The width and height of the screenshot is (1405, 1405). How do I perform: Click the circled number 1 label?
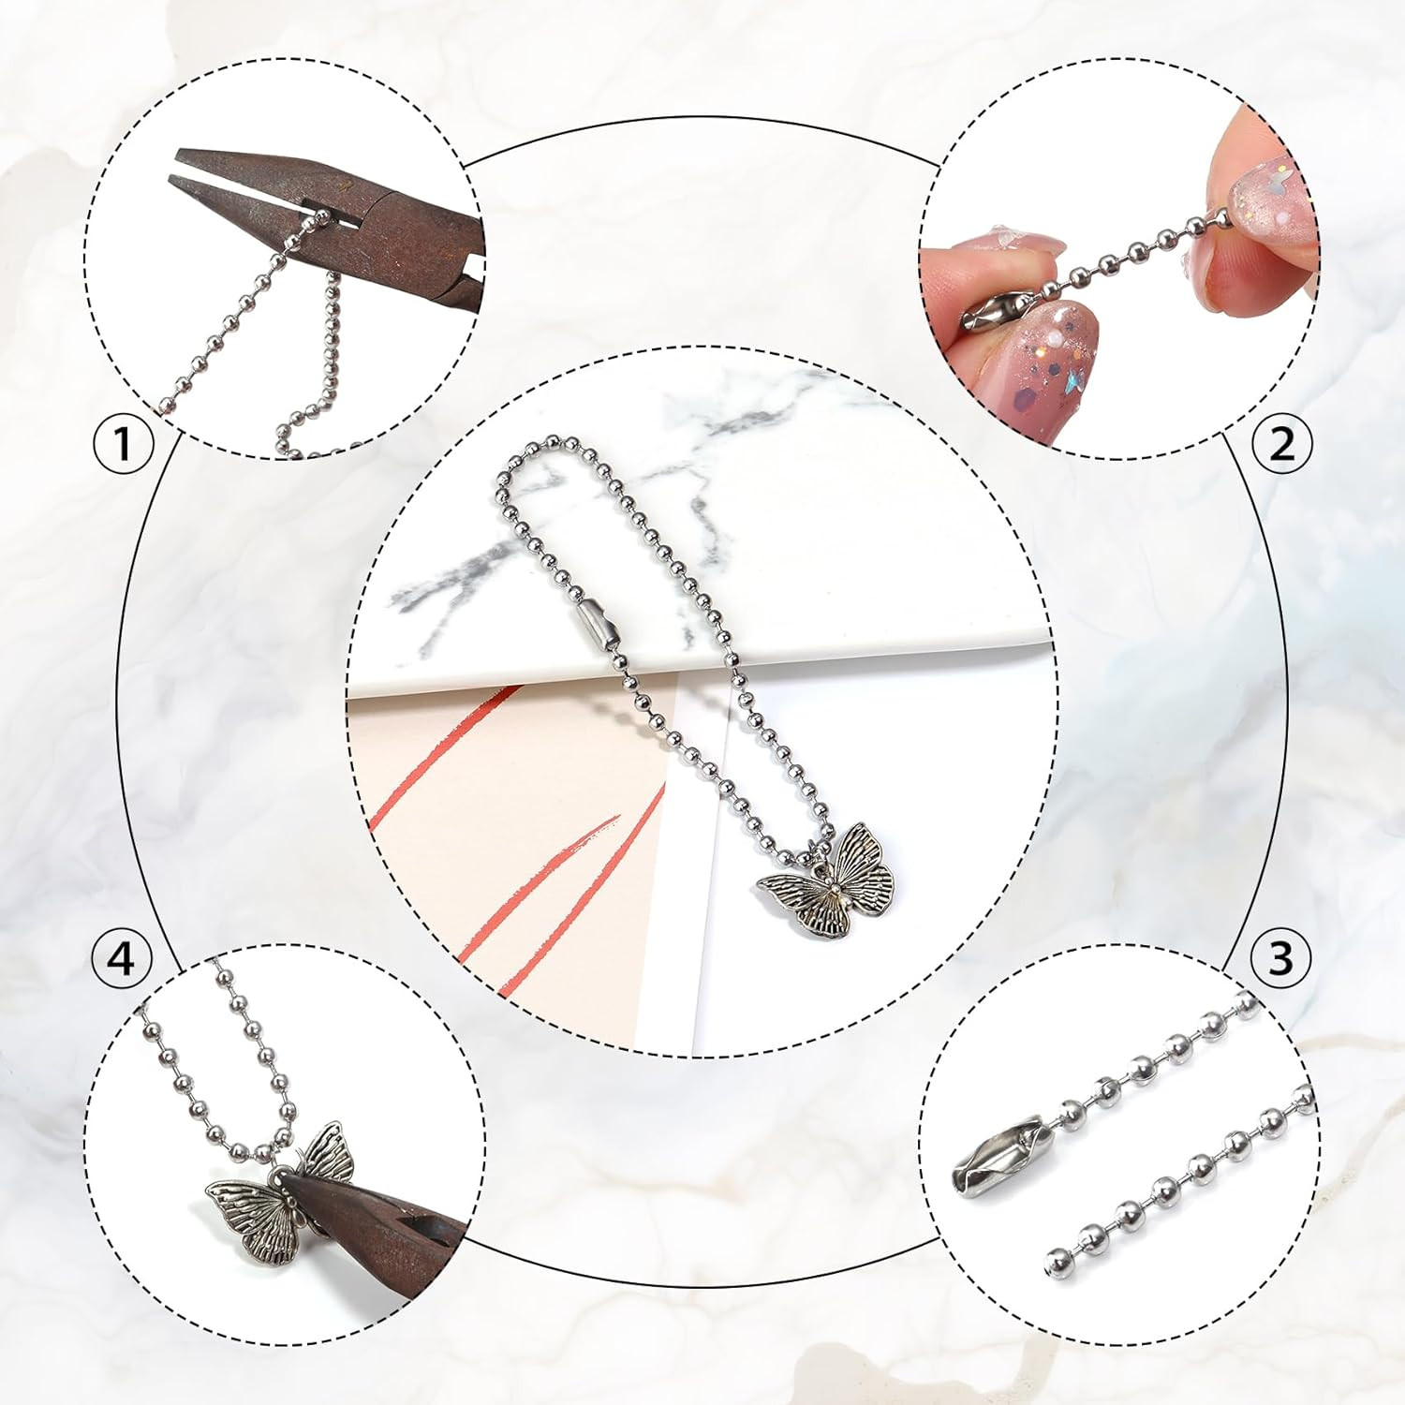pos(123,443)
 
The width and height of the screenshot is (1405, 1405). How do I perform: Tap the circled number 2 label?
pos(1281,443)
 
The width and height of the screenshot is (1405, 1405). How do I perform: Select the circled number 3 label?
pos(1280,957)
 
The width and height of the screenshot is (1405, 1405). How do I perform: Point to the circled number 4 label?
pos(122,958)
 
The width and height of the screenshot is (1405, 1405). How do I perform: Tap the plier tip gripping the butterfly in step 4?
pos(290,1185)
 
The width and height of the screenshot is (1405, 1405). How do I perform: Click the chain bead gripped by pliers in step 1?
pos(322,218)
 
